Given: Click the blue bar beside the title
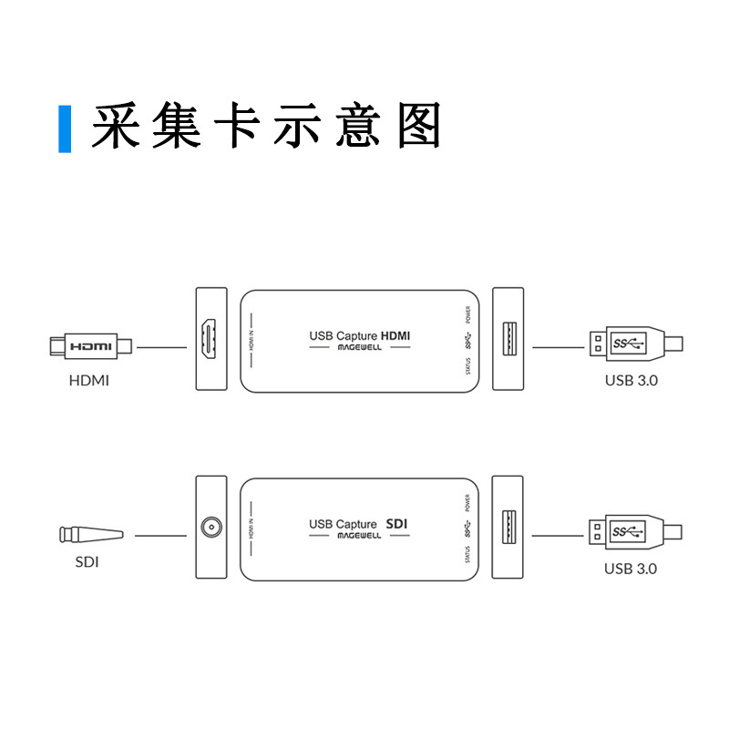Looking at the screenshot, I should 65,128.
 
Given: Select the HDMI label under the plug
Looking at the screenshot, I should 89,380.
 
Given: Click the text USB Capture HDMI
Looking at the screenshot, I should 359,335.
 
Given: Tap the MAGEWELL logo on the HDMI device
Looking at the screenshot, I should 359,349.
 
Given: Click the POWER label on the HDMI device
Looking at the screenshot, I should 467,315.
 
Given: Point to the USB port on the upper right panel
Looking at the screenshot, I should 508,340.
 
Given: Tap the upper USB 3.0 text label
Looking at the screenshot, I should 631,380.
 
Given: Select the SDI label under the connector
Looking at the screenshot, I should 87,562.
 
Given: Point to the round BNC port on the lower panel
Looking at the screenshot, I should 211,527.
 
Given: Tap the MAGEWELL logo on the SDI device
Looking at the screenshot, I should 359,537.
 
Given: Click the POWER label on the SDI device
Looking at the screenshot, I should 467,502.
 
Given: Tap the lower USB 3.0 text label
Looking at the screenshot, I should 631,569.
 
